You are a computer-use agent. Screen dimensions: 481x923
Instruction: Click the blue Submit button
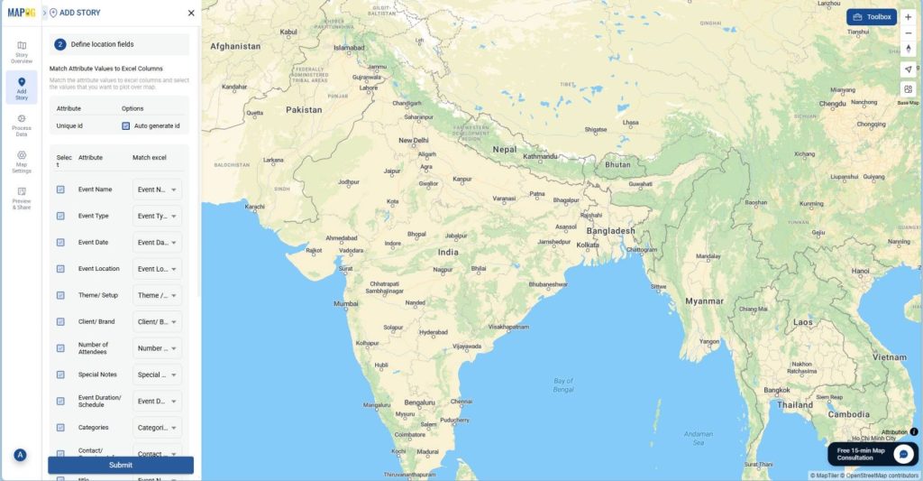(x=120, y=465)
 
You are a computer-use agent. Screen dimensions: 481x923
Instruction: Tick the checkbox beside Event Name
(x=60, y=190)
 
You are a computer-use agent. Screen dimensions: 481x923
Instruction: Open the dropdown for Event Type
(x=157, y=216)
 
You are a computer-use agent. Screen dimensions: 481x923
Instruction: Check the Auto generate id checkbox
(x=126, y=126)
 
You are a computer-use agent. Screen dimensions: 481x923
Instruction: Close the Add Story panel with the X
(x=190, y=14)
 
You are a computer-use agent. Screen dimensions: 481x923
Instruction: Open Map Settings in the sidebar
(x=22, y=162)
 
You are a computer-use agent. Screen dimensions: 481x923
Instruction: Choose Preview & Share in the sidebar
(x=22, y=199)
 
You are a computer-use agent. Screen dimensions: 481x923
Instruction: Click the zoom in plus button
(x=908, y=17)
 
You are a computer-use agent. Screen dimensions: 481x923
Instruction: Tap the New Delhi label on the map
(x=414, y=141)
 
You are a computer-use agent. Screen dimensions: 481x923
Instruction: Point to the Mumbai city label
(x=346, y=303)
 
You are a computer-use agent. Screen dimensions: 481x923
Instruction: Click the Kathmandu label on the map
(x=541, y=156)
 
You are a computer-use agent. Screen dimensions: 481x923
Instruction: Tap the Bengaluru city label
(x=420, y=402)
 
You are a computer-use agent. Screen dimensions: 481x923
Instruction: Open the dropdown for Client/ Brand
(x=157, y=321)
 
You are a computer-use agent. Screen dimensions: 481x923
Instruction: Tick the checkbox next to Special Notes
(x=60, y=375)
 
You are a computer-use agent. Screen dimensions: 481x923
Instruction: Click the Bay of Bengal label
(x=563, y=385)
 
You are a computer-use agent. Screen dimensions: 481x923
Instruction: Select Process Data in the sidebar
(x=22, y=125)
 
